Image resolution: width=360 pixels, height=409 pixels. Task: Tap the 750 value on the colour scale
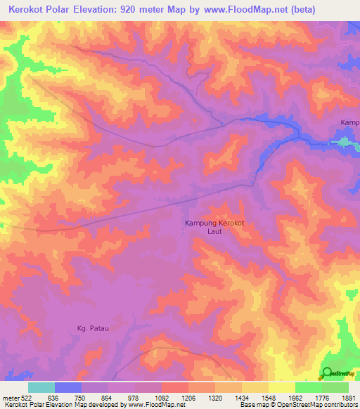(82, 397)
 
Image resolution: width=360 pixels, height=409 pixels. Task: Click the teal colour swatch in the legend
(41, 387)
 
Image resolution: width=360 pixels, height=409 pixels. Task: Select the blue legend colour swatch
(68, 387)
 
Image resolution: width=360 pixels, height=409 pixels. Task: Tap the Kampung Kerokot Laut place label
(214, 227)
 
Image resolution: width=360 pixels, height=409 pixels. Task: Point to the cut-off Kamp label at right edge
(349, 122)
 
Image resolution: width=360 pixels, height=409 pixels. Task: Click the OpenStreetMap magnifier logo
(326, 373)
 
